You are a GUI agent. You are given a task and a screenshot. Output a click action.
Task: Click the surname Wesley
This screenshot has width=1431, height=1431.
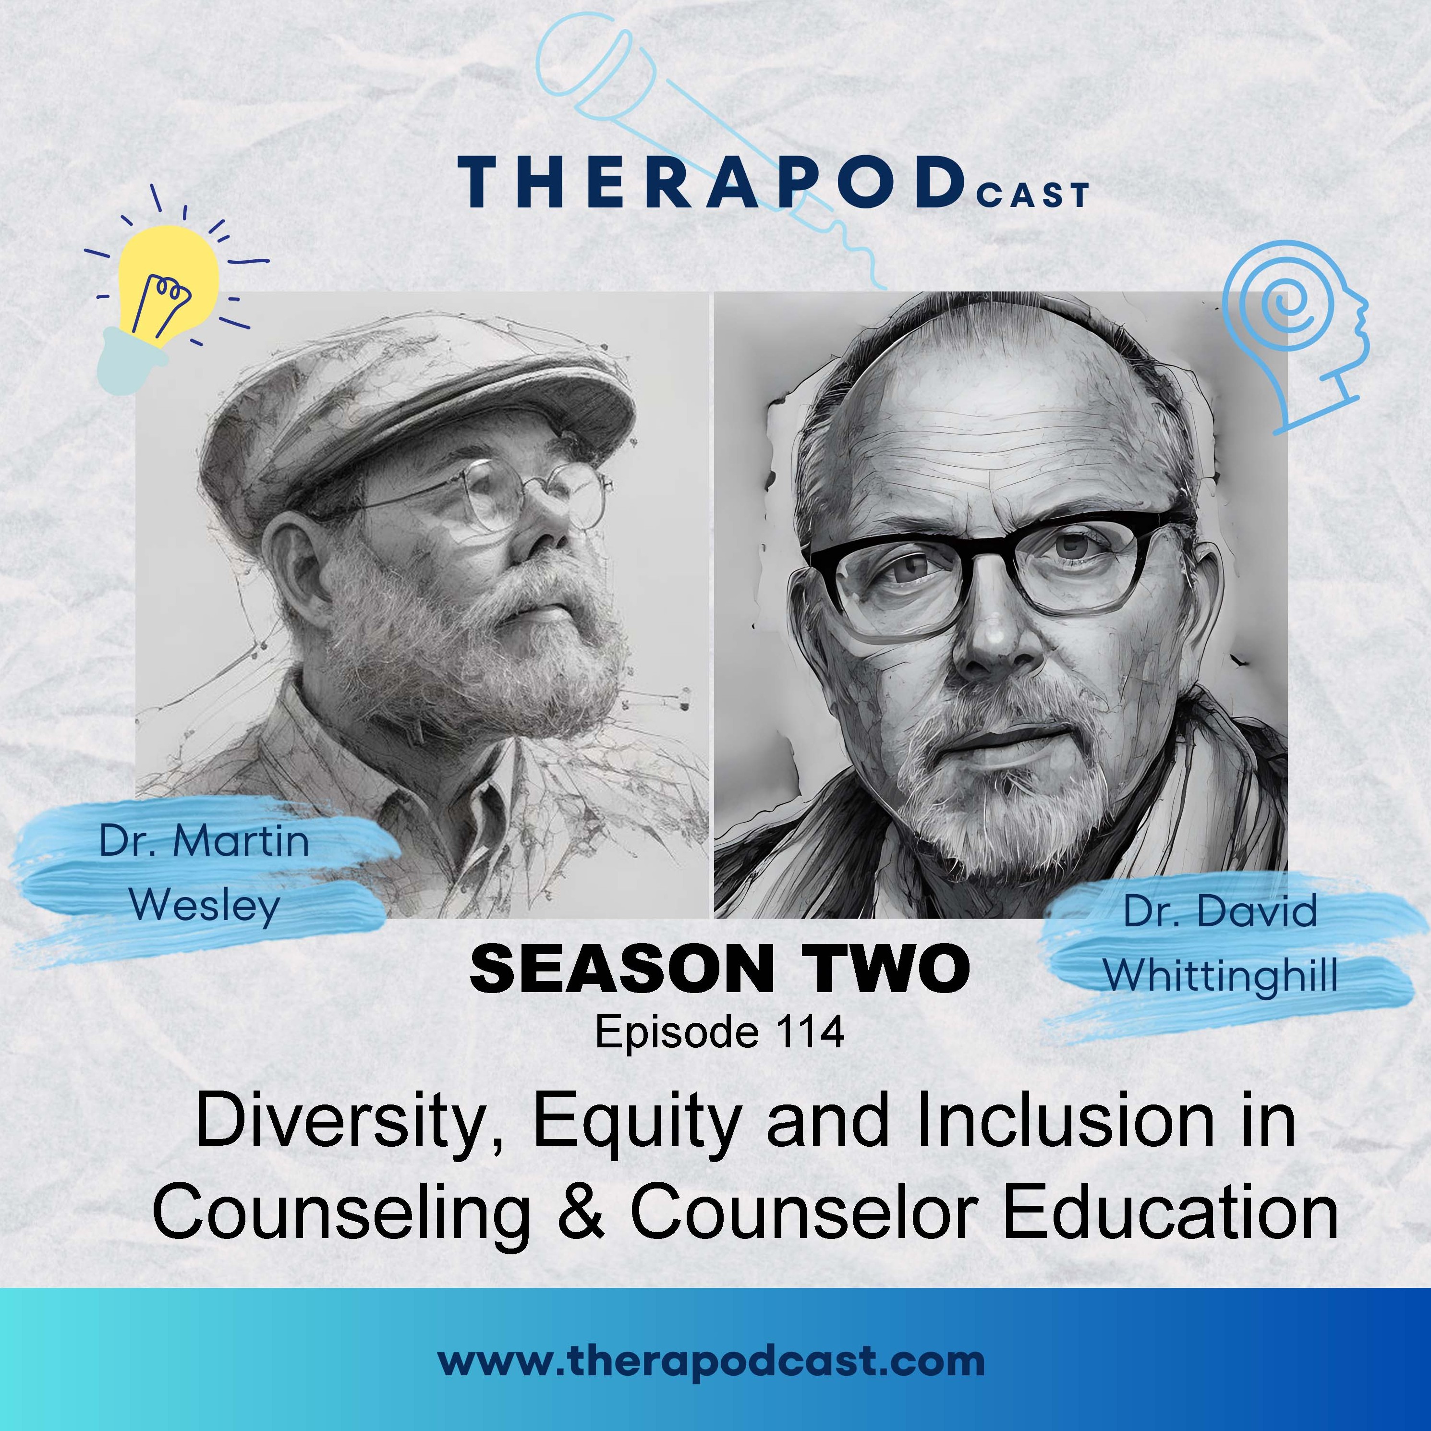[x=205, y=906]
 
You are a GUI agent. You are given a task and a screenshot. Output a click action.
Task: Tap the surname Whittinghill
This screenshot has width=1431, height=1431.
[x=1221, y=975]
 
